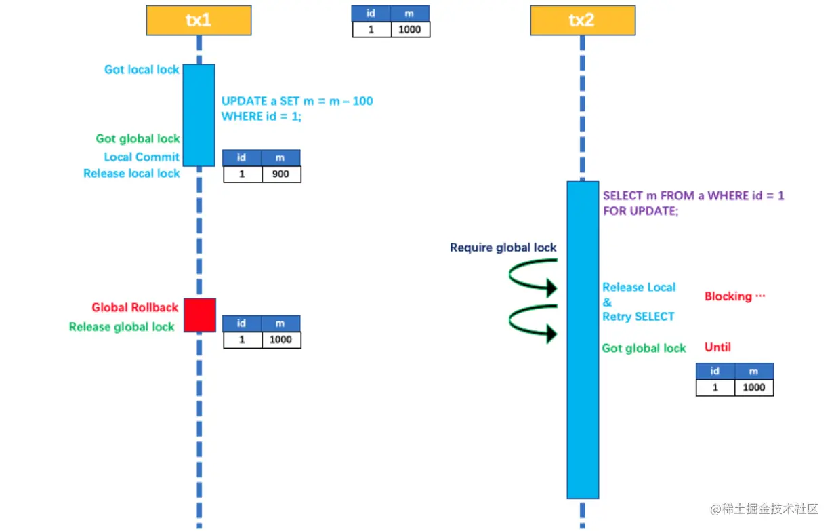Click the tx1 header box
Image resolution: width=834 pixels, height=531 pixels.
pyautogui.click(x=199, y=20)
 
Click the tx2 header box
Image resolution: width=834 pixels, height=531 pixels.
pyautogui.click(x=582, y=20)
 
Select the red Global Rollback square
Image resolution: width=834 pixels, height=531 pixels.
pyautogui.click(x=200, y=315)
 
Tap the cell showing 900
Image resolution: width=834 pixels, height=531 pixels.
pyautogui.click(x=280, y=174)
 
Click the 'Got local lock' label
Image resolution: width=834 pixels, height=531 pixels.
pyautogui.click(x=142, y=69)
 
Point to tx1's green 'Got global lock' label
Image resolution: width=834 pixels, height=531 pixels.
pyautogui.click(x=138, y=138)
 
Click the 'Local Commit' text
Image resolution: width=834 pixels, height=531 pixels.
pyautogui.click(x=142, y=157)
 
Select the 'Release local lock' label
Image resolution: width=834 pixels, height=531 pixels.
pyautogui.click(x=131, y=173)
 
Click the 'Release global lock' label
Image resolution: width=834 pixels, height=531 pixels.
pyautogui.click(x=122, y=327)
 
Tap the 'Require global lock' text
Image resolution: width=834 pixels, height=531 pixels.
pyautogui.click(x=503, y=248)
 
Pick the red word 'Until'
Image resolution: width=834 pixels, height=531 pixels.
pyautogui.click(x=717, y=347)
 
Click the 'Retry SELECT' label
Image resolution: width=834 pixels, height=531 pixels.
pyautogui.click(x=638, y=317)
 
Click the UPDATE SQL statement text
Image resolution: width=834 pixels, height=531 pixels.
pyautogui.click(x=297, y=109)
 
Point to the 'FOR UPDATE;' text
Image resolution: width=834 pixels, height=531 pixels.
pyautogui.click(x=640, y=211)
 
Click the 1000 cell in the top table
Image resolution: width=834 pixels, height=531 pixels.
pyautogui.click(x=410, y=29)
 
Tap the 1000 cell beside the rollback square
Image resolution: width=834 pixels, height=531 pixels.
pyautogui.click(x=280, y=340)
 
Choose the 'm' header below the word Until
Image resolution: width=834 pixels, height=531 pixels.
pyautogui.click(x=753, y=371)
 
